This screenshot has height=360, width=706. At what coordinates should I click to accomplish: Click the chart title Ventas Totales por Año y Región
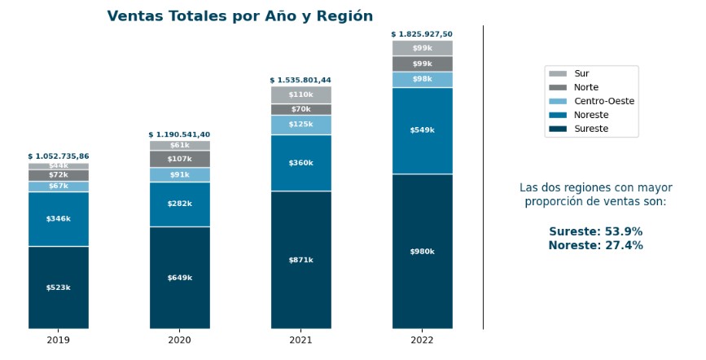tap(239, 16)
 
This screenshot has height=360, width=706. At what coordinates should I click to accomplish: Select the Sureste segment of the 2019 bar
tap(59, 288)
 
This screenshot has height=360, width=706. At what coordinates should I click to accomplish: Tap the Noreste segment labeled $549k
tap(422, 130)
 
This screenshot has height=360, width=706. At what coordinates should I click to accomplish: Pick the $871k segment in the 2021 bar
tap(300, 260)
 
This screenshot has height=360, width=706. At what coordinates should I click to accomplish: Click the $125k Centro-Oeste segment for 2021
tap(300, 125)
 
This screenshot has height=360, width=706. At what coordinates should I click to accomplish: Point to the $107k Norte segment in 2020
tap(179, 159)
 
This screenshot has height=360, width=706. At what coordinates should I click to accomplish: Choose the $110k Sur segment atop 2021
tap(300, 95)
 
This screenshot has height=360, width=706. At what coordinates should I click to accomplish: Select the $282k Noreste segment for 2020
tap(179, 204)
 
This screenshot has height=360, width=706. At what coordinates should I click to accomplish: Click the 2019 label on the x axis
tap(59, 340)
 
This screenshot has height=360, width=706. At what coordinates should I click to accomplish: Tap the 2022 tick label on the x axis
tap(422, 340)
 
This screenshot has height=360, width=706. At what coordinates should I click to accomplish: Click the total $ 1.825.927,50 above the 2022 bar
tap(422, 34)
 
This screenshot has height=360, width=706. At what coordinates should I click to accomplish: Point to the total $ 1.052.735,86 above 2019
tap(59, 156)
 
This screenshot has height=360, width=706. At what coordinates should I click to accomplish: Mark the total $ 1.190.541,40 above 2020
tap(179, 134)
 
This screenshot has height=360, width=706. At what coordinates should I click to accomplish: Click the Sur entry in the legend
tap(581, 73)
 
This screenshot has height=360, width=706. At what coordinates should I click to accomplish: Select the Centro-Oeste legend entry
tap(603, 101)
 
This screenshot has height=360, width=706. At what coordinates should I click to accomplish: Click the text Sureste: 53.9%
tap(595, 231)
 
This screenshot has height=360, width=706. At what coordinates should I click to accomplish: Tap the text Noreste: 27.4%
tap(595, 245)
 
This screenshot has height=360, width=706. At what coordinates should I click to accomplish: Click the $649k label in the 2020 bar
tap(179, 278)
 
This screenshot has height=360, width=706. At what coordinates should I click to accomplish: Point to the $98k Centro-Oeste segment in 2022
tap(422, 79)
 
